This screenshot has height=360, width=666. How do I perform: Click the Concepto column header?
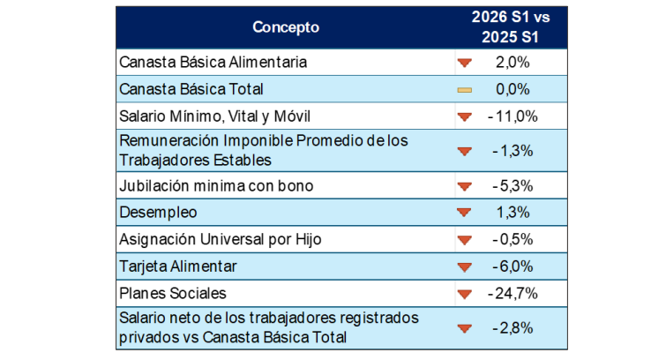[286, 27]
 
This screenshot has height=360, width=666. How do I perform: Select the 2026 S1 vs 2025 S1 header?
[511, 26]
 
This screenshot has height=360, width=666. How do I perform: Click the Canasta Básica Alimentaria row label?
[213, 62]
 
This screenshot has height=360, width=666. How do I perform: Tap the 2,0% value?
[513, 63]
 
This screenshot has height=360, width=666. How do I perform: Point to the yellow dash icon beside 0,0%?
[465, 90]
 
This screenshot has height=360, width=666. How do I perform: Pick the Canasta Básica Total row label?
[191, 89]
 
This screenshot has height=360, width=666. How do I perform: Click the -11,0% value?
[513, 116]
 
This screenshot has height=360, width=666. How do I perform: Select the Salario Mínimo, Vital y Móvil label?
[215, 116]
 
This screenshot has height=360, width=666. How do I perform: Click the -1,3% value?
[513, 151]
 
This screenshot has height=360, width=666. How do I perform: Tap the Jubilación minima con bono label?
[216, 186]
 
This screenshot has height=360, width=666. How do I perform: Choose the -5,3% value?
[513, 186]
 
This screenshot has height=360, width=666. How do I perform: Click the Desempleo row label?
[158, 213]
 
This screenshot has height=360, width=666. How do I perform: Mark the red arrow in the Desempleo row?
[464, 212]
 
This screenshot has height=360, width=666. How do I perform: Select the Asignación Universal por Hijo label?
[220, 239]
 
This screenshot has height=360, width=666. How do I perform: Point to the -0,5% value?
[513, 240]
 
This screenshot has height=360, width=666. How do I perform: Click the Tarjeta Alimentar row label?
[178, 266]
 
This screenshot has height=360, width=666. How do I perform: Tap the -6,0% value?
[513, 267]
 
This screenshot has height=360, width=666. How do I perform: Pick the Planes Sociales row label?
[172, 293]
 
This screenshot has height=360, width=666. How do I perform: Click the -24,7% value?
[513, 294]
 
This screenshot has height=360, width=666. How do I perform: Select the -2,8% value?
[513, 328]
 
